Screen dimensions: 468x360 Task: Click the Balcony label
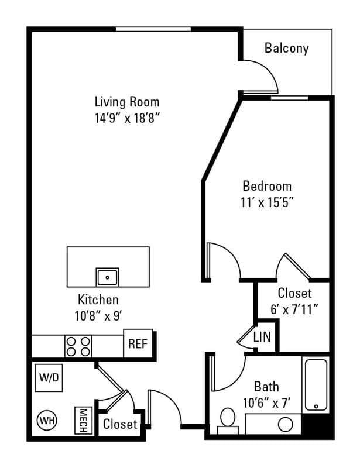tap(286, 48)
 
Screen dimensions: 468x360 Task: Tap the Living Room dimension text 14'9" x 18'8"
tap(128, 116)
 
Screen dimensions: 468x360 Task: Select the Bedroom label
tap(267, 187)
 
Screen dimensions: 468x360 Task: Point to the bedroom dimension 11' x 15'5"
tap(268, 202)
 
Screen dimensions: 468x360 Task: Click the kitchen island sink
tap(108, 276)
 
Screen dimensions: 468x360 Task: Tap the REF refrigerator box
tap(138, 343)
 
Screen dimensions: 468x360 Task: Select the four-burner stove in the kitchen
tap(78, 346)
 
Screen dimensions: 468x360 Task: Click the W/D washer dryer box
tap(49, 377)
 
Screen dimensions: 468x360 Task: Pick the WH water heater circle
tap(46, 419)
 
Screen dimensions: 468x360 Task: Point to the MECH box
tap(83, 420)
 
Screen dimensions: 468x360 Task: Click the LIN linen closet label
tap(261, 338)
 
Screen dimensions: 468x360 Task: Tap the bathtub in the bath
tap(316, 384)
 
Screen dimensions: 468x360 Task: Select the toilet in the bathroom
tap(227, 420)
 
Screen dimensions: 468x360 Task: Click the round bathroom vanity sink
tap(285, 424)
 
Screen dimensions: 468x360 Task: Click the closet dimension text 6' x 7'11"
tap(294, 309)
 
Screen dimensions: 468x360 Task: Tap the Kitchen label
tap(98, 300)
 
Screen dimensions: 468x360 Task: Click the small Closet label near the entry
tap(120, 424)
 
